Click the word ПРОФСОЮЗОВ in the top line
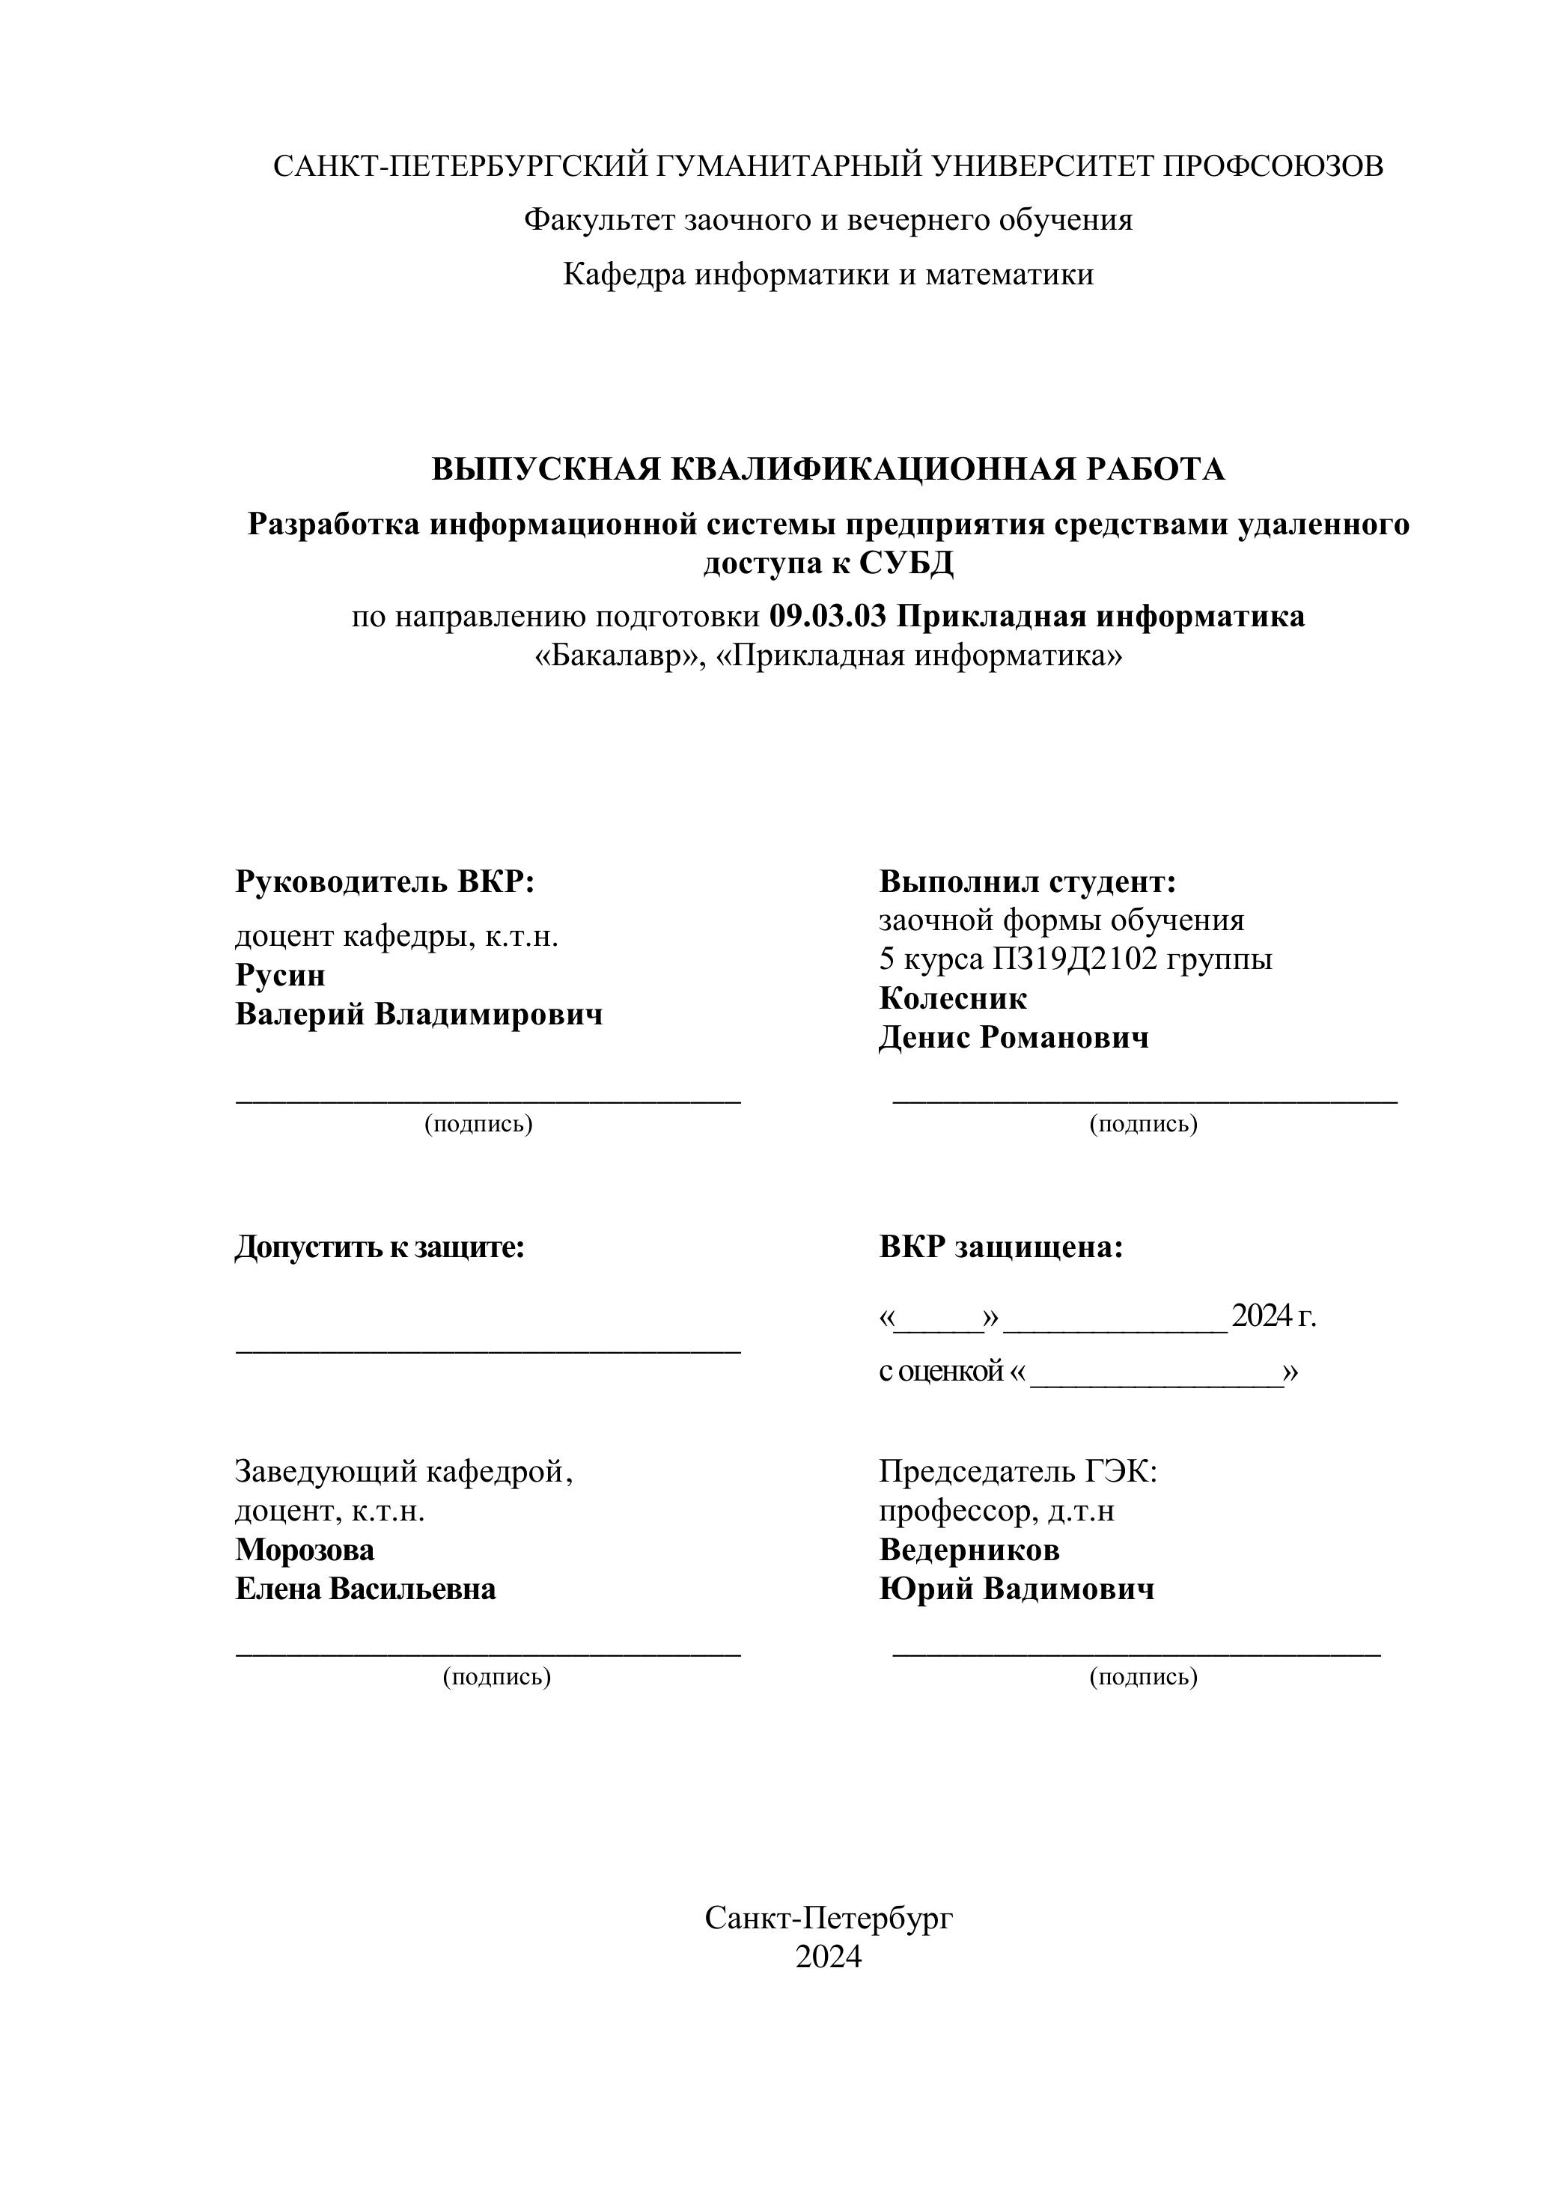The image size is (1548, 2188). [1273, 166]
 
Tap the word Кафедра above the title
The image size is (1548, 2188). [624, 275]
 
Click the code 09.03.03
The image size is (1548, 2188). [827, 617]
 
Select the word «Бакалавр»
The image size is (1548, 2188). [620, 656]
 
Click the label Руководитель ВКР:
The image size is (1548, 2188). [385, 881]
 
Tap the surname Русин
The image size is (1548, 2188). [280, 975]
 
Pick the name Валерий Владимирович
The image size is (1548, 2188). [418, 1014]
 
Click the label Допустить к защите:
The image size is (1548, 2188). [380, 1247]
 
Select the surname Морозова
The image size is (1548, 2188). [304, 1550]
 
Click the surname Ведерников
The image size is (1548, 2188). [969, 1550]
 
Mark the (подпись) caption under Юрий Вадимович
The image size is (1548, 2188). [1143, 1676]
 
